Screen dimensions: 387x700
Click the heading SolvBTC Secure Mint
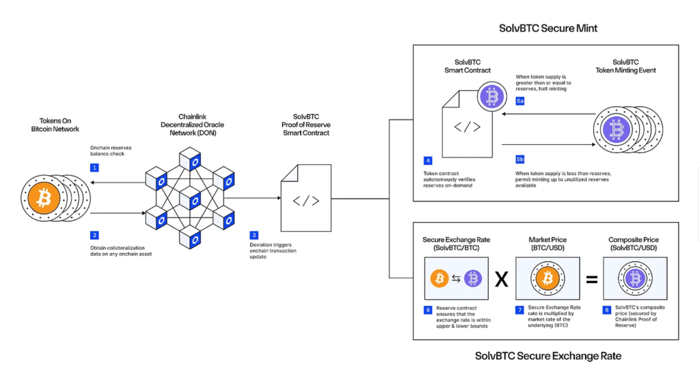point(548,29)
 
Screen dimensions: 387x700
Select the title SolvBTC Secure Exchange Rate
point(548,356)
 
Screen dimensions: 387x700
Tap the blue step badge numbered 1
point(94,168)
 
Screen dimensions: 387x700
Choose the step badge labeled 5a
point(520,101)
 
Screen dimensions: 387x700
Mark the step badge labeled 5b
point(520,159)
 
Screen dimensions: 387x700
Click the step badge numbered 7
point(520,310)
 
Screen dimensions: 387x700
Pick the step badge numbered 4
point(428,161)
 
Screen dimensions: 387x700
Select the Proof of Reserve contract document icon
point(306,198)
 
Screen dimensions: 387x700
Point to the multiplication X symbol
point(501,279)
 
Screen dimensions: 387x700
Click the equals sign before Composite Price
point(591,279)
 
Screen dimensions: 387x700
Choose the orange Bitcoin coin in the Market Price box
point(546,278)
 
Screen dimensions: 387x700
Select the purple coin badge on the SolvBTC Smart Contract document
point(491,96)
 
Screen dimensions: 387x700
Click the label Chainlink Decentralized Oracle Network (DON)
point(192,124)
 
